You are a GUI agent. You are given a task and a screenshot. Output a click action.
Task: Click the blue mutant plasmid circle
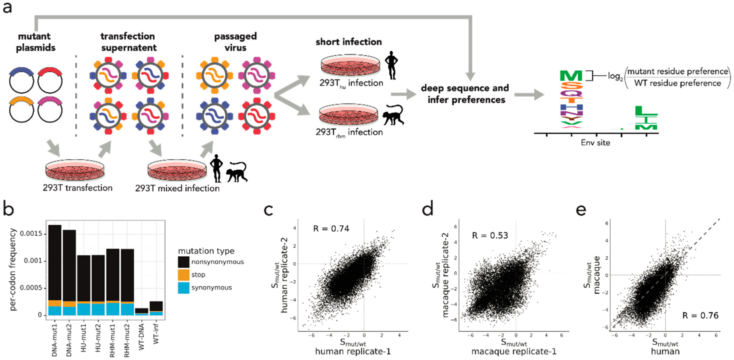click(21, 81)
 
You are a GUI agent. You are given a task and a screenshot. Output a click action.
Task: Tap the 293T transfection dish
click(75, 170)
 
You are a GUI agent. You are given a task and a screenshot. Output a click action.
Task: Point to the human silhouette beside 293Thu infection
click(392, 65)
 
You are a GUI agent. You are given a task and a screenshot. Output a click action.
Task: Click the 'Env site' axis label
click(595, 143)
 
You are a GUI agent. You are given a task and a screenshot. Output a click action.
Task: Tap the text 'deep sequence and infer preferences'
click(465, 94)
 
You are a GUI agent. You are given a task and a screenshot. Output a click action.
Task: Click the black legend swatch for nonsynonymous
click(183, 262)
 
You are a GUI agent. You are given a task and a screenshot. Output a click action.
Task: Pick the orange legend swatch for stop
click(183, 275)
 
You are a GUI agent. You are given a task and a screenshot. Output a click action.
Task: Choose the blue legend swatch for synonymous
click(183, 288)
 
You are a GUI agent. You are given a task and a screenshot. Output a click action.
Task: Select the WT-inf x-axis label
click(156, 334)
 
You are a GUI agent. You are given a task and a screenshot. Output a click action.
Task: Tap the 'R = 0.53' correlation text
click(490, 236)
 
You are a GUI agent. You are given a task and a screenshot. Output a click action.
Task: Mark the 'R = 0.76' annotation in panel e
click(700, 315)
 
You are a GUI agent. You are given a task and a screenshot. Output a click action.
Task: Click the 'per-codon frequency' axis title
click(13, 269)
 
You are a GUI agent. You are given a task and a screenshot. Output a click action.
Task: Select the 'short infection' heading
click(348, 42)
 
